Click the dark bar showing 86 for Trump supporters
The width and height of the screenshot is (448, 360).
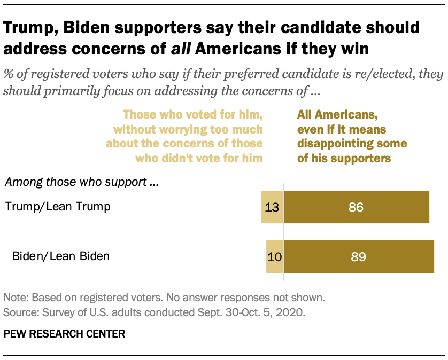(x=356, y=207)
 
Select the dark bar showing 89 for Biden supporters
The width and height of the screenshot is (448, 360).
(x=358, y=256)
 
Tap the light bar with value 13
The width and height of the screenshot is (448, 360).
(x=272, y=207)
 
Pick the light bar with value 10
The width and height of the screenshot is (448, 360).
(x=274, y=256)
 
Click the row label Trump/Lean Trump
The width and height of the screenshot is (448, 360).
(x=58, y=207)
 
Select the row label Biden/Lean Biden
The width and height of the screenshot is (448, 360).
(x=61, y=256)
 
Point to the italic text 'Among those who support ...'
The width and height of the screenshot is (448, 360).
(x=83, y=182)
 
